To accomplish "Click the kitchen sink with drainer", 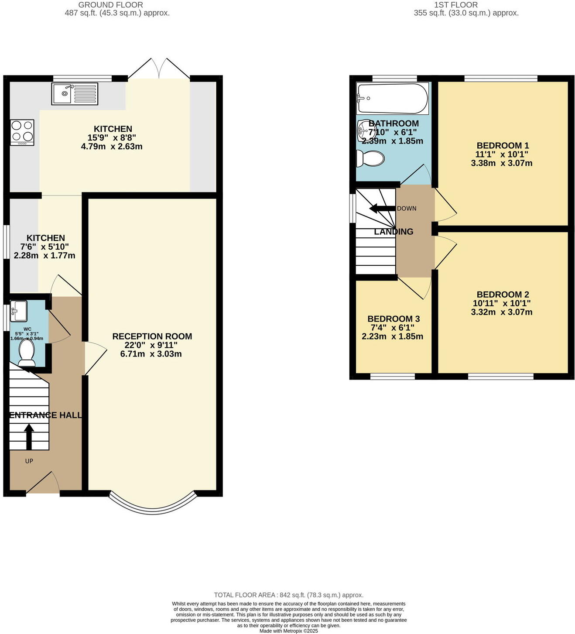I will point(75,94).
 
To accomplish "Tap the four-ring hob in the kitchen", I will point(22,132).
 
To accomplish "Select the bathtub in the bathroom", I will point(392,99).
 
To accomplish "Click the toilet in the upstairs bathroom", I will point(370,158).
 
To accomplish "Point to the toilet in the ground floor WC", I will point(27,353).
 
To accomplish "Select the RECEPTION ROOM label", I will point(152,336).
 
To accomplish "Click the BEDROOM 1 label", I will point(502,146).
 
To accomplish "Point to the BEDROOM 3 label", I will point(393,319).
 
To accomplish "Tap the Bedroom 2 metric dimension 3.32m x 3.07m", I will point(502,312).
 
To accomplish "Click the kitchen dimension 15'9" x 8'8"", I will point(112,137).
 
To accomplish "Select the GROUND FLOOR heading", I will point(111,5).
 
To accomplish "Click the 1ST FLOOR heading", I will point(456,5).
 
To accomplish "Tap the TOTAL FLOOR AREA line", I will point(288,595).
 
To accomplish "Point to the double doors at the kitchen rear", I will point(159,69).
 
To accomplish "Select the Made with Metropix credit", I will point(288,631).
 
